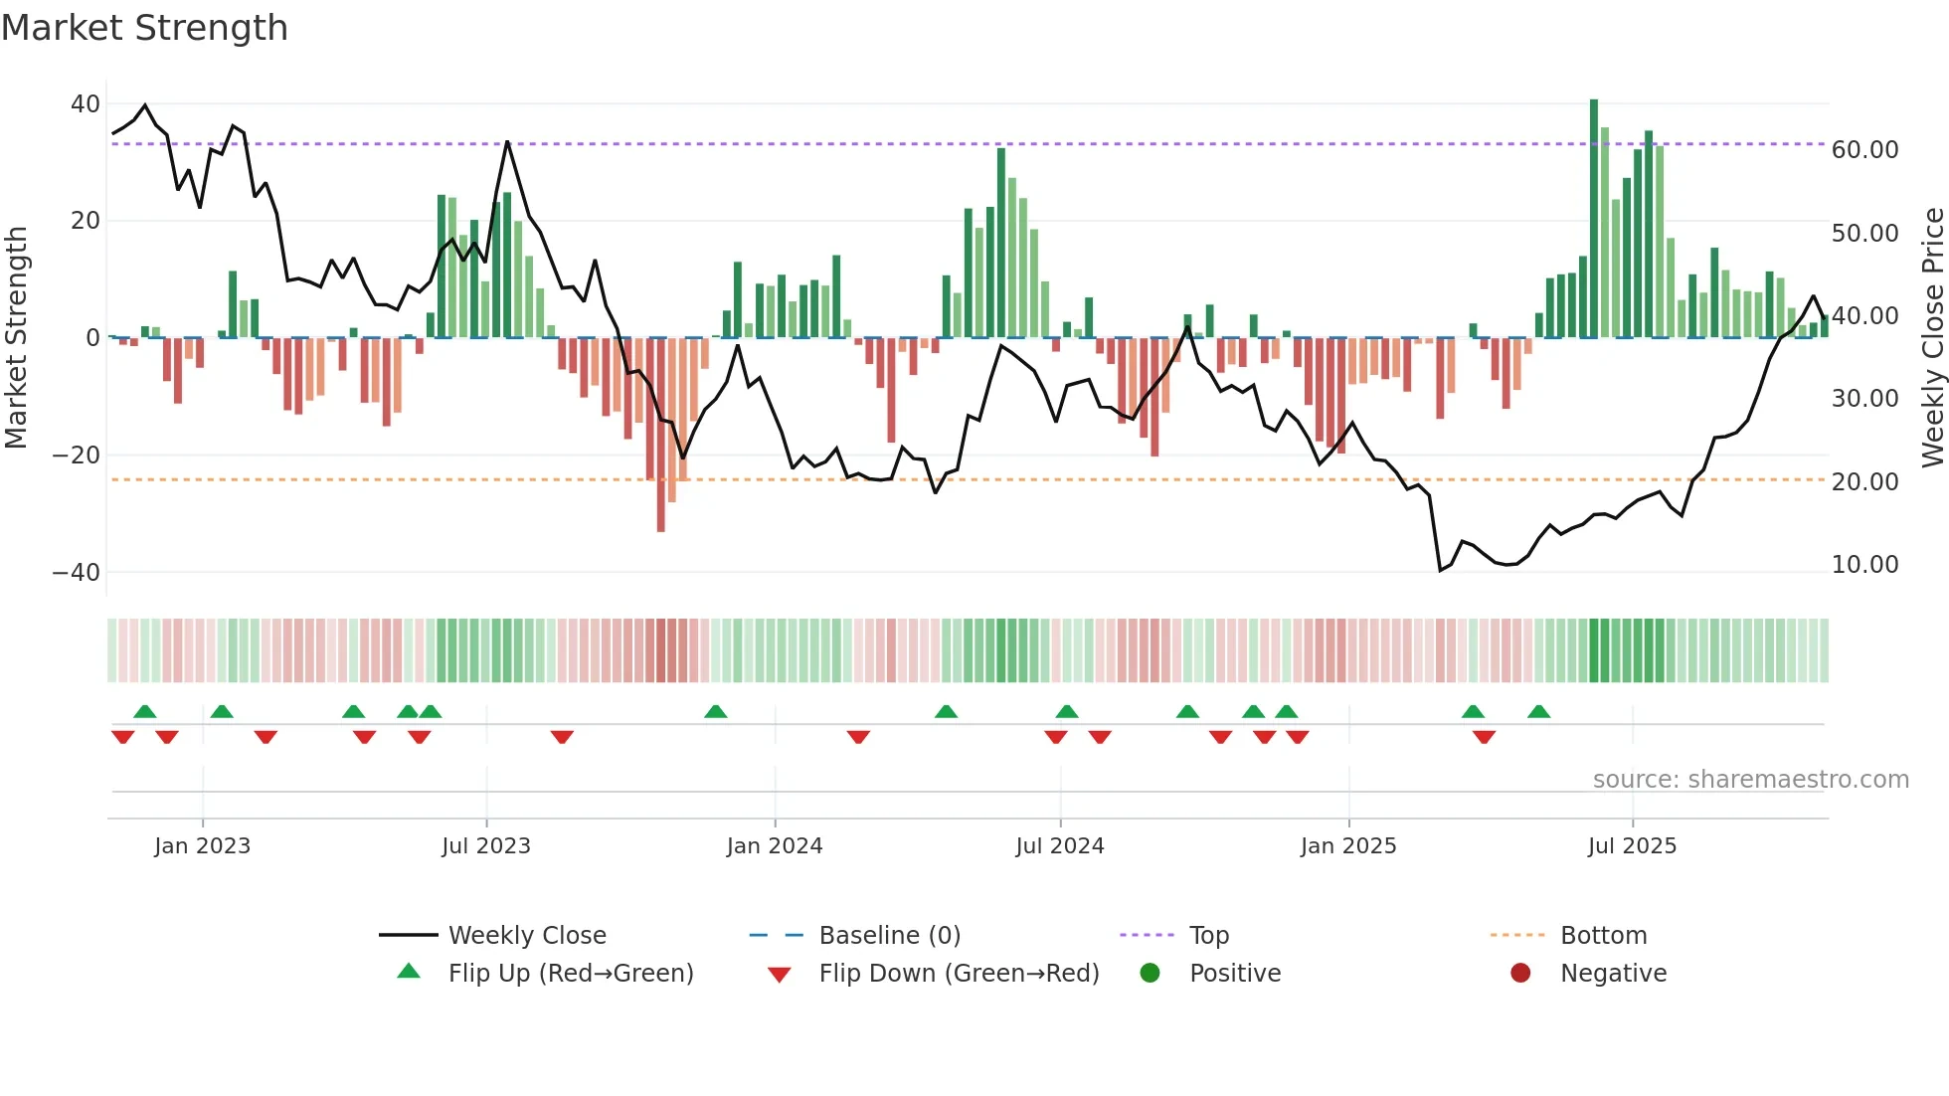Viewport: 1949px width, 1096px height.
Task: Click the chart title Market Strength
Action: pyautogui.click(x=144, y=28)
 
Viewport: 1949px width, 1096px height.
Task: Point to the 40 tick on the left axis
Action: pyautogui.click(x=86, y=104)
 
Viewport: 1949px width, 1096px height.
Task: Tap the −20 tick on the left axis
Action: pyautogui.click(x=77, y=456)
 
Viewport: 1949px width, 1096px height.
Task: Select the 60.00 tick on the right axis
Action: pyautogui.click(x=1864, y=150)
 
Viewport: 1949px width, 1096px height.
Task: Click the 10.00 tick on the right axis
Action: pyautogui.click(x=1864, y=565)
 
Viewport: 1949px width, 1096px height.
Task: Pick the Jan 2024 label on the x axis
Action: pyautogui.click(x=775, y=846)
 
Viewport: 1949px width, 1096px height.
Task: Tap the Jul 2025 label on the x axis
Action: pyautogui.click(x=1632, y=846)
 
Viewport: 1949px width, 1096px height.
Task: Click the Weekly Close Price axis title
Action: pyautogui.click(x=1932, y=338)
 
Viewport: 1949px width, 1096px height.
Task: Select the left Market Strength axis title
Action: pyautogui.click(x=17, y=338)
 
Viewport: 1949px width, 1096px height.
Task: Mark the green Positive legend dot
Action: pyautogui.click(x=1151, y=974)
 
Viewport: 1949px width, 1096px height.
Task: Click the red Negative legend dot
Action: pyautogui.click(x=1520, y=974)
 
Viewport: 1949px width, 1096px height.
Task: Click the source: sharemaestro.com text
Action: pyautogui.click(x=1750, y=780)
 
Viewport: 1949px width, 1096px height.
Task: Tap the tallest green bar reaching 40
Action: pyautogui.click(x=1594, y=219)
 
